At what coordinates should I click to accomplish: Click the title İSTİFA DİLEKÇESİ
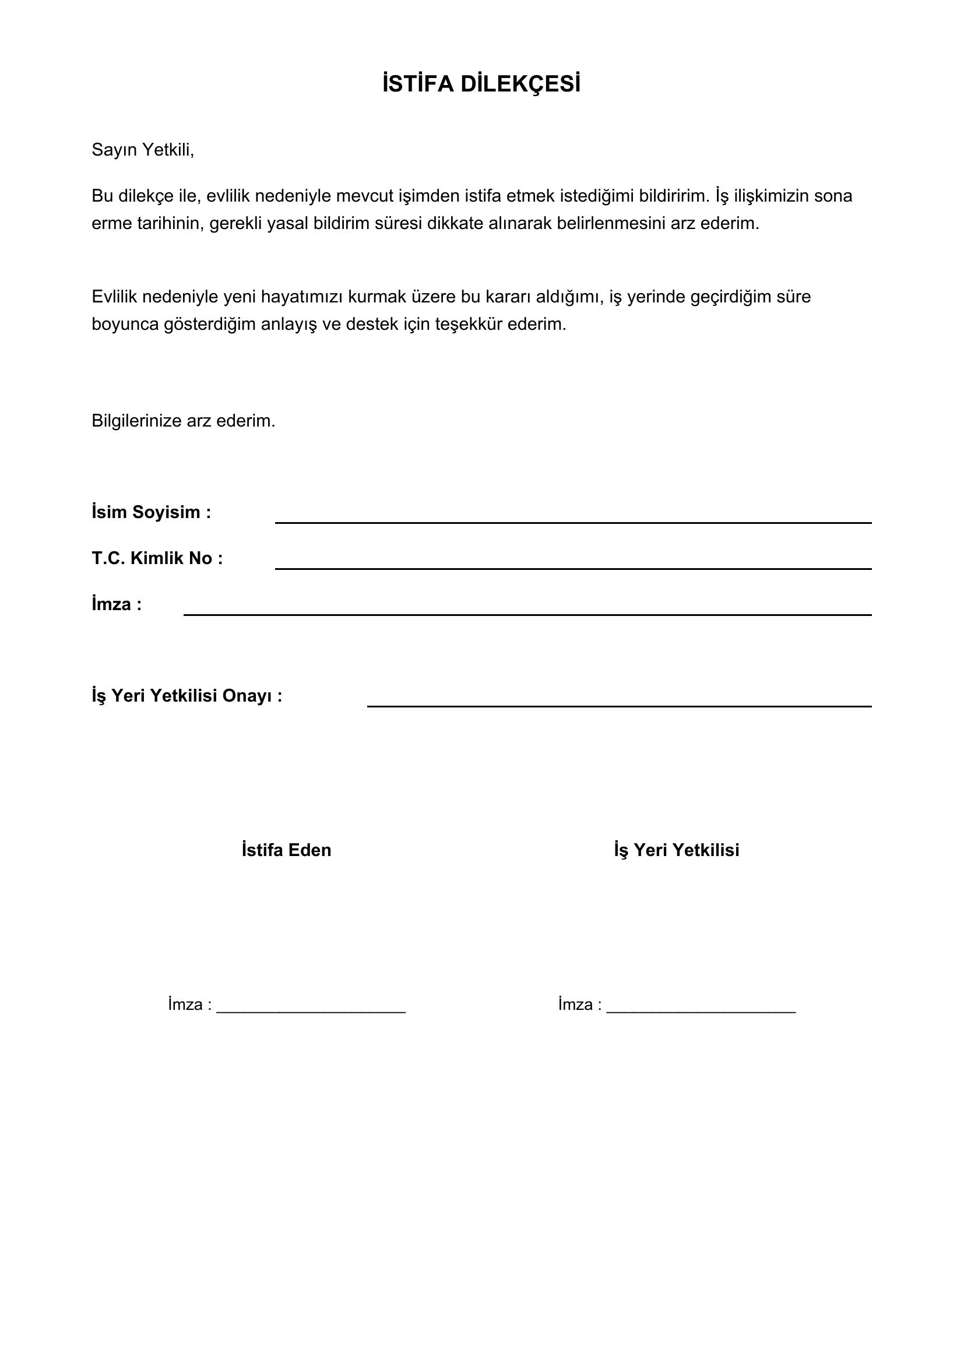coord(481,84)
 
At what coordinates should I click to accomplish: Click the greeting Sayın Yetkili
coord(142,150)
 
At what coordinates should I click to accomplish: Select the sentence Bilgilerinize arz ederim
coord(184,421)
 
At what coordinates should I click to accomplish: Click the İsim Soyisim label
coord(152,512)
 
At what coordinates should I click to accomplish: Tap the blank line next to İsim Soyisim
coord(573,522)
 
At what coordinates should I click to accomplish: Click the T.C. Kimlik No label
coord(157,559)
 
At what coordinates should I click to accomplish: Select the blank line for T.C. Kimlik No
coord(573,568)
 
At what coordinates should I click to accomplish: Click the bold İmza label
coord(117,604)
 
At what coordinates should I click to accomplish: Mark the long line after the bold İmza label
coord(527,614)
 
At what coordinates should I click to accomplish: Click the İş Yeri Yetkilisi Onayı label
coord(187,696)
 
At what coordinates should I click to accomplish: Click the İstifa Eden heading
coord(286,850)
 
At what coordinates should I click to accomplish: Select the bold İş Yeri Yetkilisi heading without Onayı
coord(677,850)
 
